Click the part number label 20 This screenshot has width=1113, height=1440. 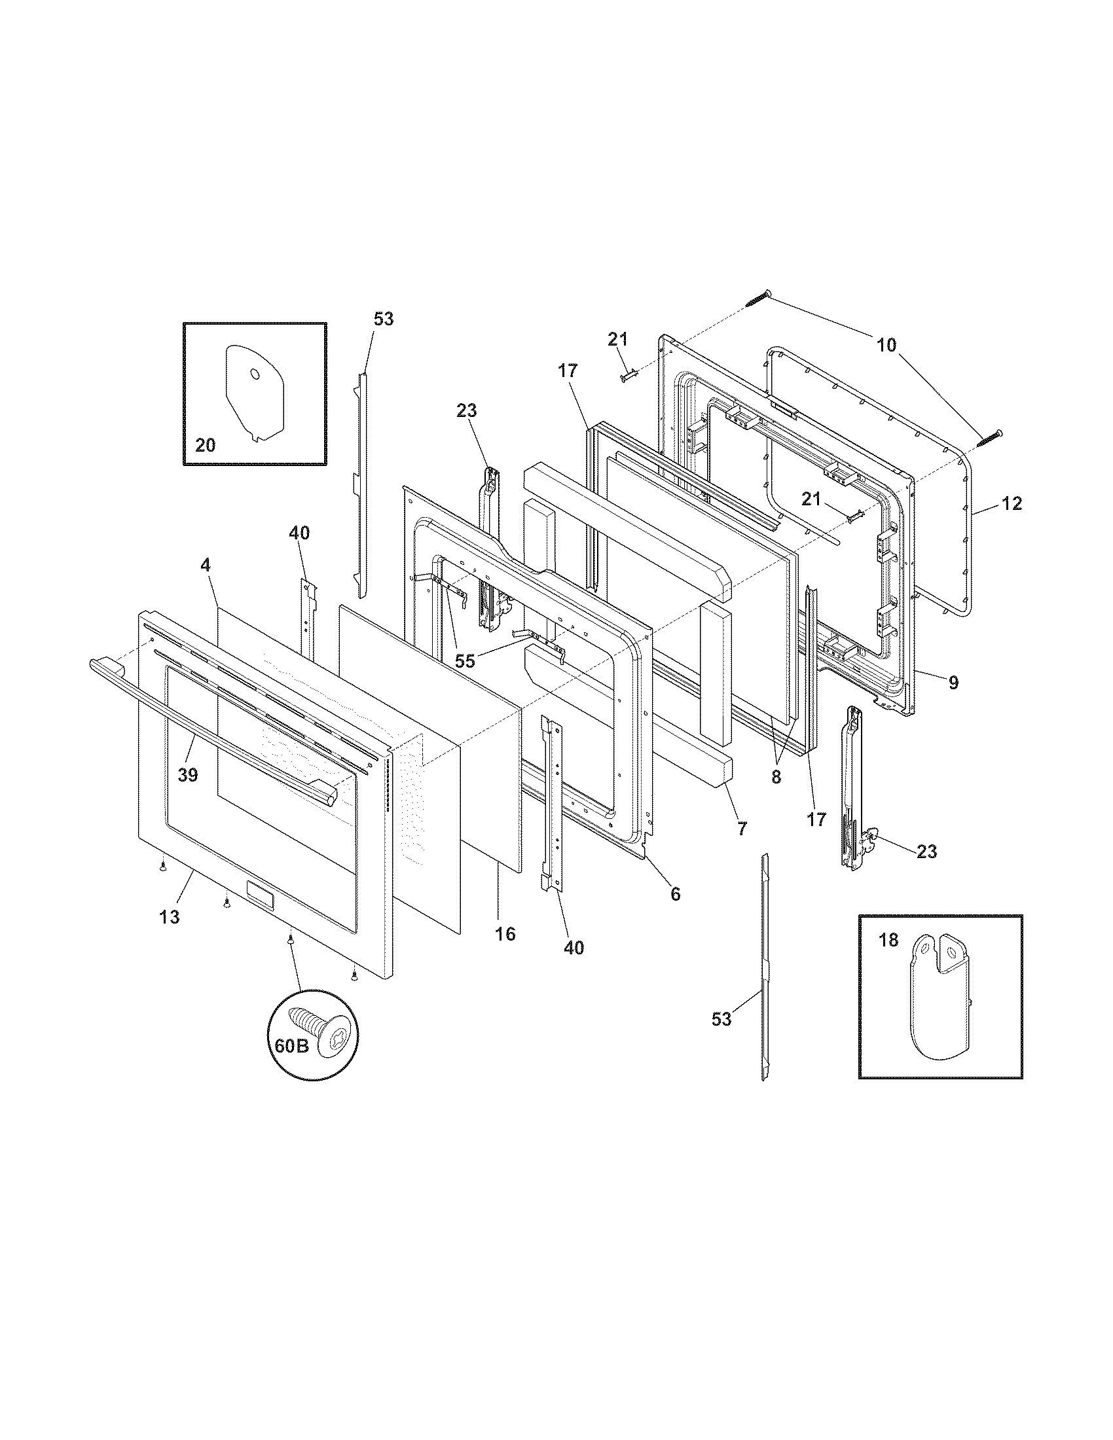pyautogui.click(x=205, y=446)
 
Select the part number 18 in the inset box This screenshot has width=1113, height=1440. pyautogui.click(x=888, y=940)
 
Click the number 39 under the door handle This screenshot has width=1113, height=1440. pyautogui.click(x=188, y=775)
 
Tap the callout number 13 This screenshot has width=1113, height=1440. pyautogui.click(x=170, y=916)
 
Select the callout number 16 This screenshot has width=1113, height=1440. pyautogui.click(x=505, y=933)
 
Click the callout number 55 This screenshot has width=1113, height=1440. pyautogui.click(x=465, y=661)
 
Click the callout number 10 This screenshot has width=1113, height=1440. pyautogui.click(x=886, y=344)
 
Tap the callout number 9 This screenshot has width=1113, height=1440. pyautogui.click(x=953, y=683)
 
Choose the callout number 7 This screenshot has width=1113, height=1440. pyautogui.click(x=742, y=829)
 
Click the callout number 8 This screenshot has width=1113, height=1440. pyautogui.click(x=776, y=777)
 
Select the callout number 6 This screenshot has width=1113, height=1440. pyautogui.click(x=675, y=894)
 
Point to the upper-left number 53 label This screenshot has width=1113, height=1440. pyautogui.click(x=383, y=319)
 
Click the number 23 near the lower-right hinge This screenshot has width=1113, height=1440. pyautogui.click(x=926, y=852)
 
